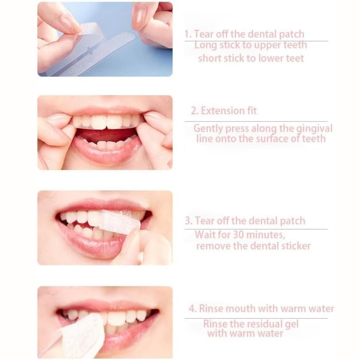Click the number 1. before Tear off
pyautogui.click(x=188, y=34)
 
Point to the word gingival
pyautogui.click(x=314, y=128)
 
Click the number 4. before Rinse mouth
pyautogui.click(x=193, y=309)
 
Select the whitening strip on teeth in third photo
pyautogui.click(x=117, y=222)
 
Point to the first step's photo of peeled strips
pyautogui.click(x=104, y=39)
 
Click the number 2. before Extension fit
pyautogui.click(x=194, y=111)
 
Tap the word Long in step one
pyautogui.click(x=205, y=45)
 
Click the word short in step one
pyautogui.click(x=210, y=58)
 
